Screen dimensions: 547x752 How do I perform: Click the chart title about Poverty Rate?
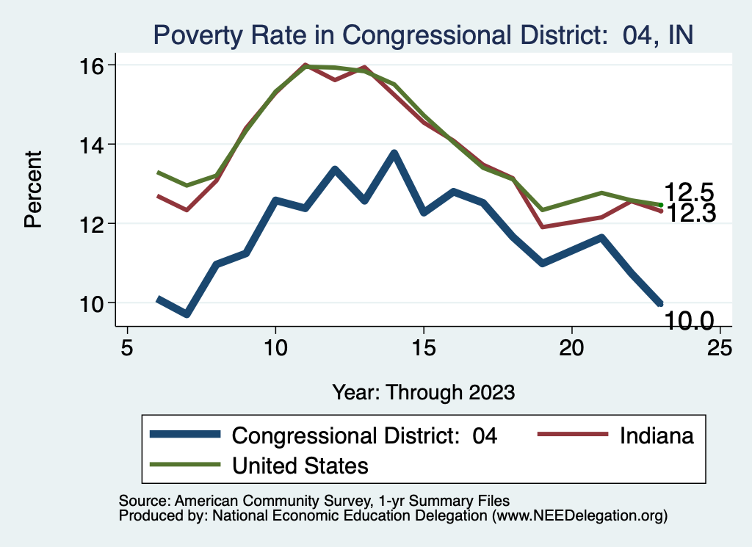422,35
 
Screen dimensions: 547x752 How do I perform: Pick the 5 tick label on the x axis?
128,347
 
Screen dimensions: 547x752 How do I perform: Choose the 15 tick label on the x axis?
423,347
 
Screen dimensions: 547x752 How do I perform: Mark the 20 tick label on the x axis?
571,347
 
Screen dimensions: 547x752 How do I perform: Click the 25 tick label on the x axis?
719,347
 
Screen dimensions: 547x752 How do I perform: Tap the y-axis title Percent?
34,189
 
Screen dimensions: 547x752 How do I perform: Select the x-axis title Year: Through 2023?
423,391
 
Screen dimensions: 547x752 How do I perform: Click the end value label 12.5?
689,192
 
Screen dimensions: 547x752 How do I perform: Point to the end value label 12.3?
689,214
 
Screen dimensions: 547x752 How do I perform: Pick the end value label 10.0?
689,320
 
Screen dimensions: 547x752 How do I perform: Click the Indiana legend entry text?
657,435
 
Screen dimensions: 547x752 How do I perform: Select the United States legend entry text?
300,465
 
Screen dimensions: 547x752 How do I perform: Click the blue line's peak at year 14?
394,153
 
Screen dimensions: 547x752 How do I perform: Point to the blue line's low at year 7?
187,314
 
